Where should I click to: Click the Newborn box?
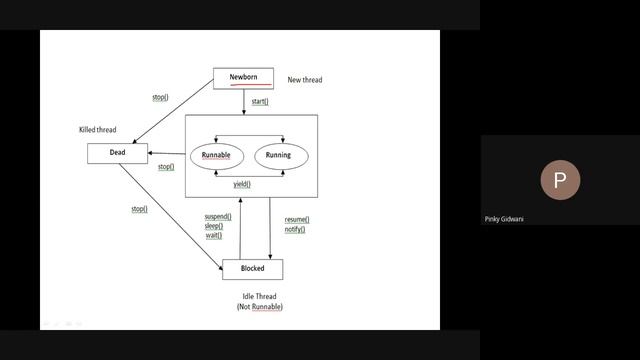click(x=243, y=77)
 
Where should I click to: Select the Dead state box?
click(x=117, y=153)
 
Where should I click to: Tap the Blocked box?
click(x=252, y=269)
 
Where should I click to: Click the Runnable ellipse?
click(x=216, y=156)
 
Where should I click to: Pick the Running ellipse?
click(x=278, y=156)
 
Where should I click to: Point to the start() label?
click(x=260, y=102)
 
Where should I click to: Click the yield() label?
click(x=242, y=184)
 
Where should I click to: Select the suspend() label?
click(x=218, y=216)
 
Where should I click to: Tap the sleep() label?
click(x=214, y=226)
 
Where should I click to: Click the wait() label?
click(x=213, y=236)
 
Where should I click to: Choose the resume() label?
click(x=296, y=219)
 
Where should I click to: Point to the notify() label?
click(x=294, y=229)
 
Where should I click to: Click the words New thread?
click(x=305, y=80)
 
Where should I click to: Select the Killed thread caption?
click(x=98, y=130)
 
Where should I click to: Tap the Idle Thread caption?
click(x=258, y=296)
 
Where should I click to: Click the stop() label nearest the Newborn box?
click(x=160, y=97)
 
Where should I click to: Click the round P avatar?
click(x=560, y=180)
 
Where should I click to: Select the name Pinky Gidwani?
click(x=505, y=219)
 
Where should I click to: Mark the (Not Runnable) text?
click(x=259, y=307)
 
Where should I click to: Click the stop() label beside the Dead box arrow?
click(x=166, y=167)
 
